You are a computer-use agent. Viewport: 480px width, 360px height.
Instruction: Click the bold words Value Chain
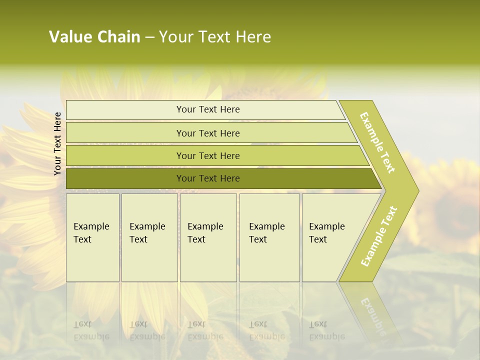pyautogui.click(x=94, y=37)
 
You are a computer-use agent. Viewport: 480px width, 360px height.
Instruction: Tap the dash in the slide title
pyautogui.click(x=149, y=37)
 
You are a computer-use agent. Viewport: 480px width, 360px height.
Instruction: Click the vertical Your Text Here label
pyautogui.click(x=57, y=143)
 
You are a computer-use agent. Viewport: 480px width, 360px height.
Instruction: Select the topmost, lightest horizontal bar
pyautogui.click(x=207, y=109)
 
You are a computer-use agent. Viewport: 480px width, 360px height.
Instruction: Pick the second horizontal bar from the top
pyautogui.click(x=207, y=133)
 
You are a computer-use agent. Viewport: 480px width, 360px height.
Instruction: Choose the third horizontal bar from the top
pyautogui.click(x=207, y=155)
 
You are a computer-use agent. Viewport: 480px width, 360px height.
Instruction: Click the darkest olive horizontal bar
pyautogui.click(x=207, y=178)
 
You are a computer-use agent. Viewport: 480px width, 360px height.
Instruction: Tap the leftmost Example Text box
pyautogui.click(x=92, y=237)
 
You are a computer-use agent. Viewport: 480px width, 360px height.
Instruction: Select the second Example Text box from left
pyautogui.click(x=149, y=237)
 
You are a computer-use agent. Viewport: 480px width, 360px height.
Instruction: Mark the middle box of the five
pyautogui.click(x=208, y=237)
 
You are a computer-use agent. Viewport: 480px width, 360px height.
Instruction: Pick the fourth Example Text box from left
pyautogui.click(x=269, y=237)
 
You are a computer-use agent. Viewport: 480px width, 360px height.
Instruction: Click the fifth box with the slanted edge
pyautogui.click(x=330, y=237)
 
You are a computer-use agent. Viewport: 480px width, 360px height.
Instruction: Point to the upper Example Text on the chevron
pyautogui.click(x=378, y=142)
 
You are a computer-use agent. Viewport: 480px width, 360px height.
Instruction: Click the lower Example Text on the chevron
pyautogui.click(x=379, y=236)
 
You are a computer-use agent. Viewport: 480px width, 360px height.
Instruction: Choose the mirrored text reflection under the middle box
pyautogui.click(x=205, y=330)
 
